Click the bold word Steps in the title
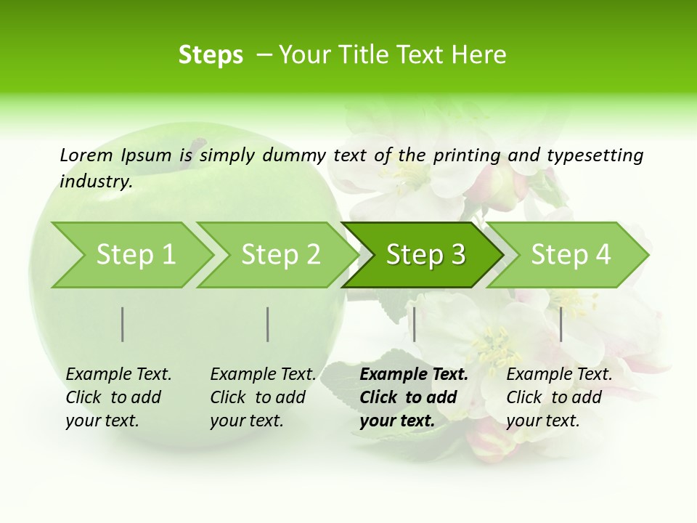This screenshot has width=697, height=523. [x=211, y=55]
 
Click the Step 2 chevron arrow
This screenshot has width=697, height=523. [x=277, y=255]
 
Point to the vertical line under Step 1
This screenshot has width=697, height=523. [x=123, y=324]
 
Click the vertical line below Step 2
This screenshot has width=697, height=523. [x=268, y=324]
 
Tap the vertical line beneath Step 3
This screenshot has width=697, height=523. [x=414, y=324]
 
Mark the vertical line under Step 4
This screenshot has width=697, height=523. [x=561, y=324]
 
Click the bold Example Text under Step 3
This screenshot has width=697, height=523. [x=414, y=375]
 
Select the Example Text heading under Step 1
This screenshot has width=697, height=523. [x=118, y=375]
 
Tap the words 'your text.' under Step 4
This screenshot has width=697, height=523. [x=542, y=421]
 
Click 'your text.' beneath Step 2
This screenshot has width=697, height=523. [x=246, y=421]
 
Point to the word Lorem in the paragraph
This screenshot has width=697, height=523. [x=86, y=155]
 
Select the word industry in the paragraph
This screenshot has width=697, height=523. [x=95, y=182]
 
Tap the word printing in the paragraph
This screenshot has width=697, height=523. [x=467, y=155]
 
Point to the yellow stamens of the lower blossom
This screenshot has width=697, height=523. [x=494, y=345]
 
